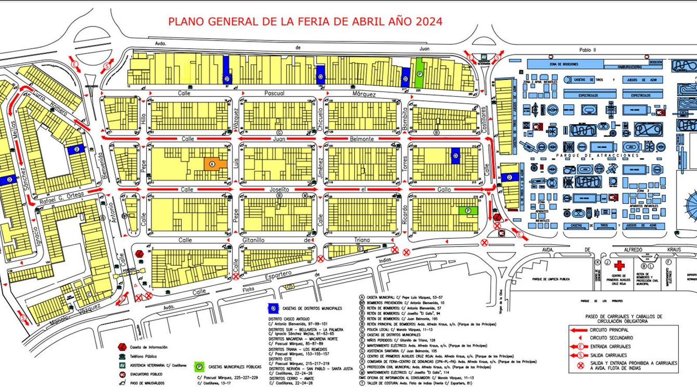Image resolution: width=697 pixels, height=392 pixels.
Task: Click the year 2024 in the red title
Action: click(429, 21)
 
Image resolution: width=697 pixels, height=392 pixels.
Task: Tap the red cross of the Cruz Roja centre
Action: click(619, 265)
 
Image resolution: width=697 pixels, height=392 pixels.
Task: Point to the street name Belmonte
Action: click(362, 139)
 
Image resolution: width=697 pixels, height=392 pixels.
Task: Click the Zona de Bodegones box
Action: click(565, 64)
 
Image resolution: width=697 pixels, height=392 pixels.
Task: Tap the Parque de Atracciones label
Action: click(598, 155)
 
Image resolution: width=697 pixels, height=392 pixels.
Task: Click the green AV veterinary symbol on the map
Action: click(484, 57)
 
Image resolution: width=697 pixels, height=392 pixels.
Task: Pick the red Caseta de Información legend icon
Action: click(122, 347)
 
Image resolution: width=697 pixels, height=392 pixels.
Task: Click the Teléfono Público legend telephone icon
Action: click(122, 356)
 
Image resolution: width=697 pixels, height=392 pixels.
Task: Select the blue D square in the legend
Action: click(273, 308)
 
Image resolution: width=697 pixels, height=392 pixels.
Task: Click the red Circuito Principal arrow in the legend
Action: click(579, 330)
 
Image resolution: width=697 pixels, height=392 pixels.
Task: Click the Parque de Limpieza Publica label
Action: click(551, 279)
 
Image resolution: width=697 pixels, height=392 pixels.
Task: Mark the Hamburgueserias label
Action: click(626, 67)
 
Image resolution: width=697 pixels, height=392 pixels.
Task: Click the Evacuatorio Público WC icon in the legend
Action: click(122, 374)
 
